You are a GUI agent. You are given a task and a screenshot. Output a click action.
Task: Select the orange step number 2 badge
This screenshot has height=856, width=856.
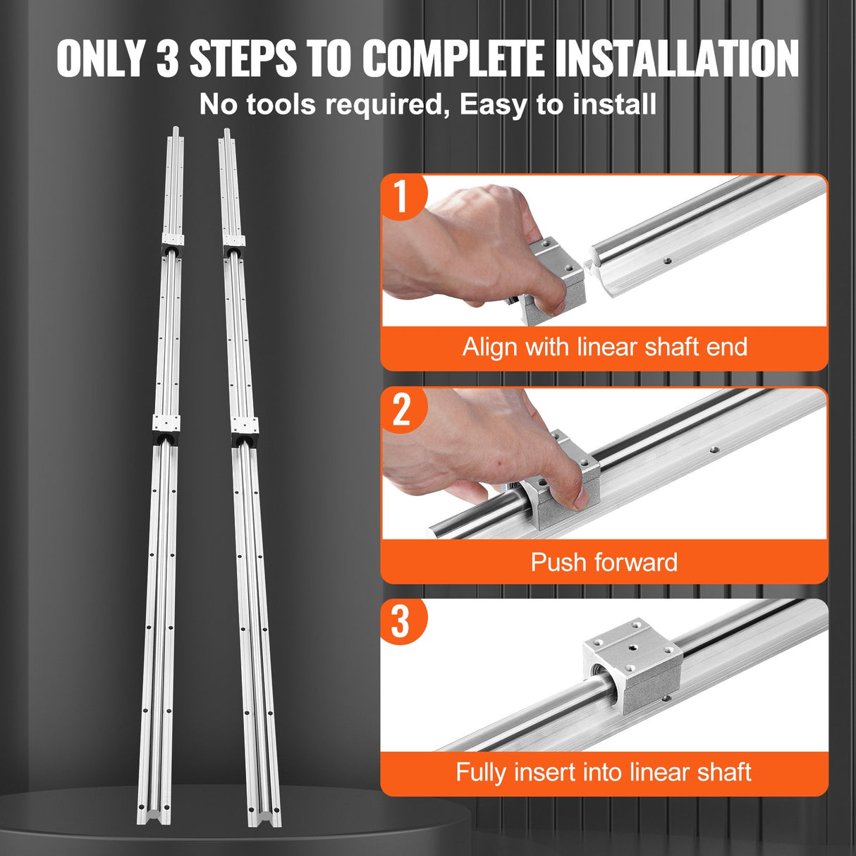coord(401,410)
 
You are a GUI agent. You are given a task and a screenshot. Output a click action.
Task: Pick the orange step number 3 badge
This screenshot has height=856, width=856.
coord(401,621)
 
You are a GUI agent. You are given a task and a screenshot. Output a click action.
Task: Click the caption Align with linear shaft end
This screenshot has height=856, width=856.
coord(604,347)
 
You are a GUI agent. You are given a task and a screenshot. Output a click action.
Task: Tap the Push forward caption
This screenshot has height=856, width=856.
coord(604,562)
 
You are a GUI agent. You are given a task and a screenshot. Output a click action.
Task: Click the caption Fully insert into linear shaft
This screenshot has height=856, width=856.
coord(604,772)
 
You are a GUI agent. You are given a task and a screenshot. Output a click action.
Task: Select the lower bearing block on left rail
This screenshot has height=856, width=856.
coord(166,428)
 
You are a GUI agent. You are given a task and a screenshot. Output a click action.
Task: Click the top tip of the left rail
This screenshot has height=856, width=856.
coord(176,130)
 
